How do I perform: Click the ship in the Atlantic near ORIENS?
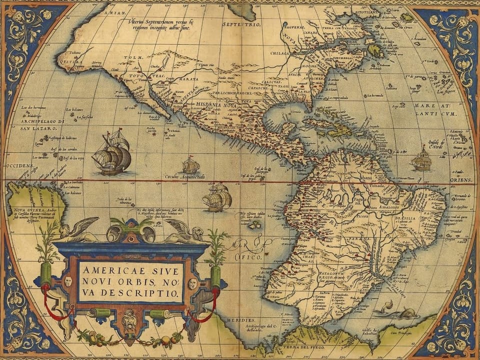(421, 159)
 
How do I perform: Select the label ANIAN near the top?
(113, 12)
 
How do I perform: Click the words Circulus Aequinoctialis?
(185, 177)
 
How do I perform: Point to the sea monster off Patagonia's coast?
(400, 312)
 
